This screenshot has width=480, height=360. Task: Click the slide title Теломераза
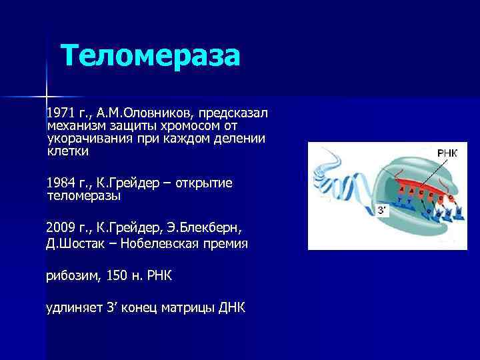(150, 56)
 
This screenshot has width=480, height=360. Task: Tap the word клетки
(67, 151)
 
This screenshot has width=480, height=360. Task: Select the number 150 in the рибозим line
(118, 275)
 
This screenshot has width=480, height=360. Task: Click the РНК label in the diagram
(447, 153)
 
